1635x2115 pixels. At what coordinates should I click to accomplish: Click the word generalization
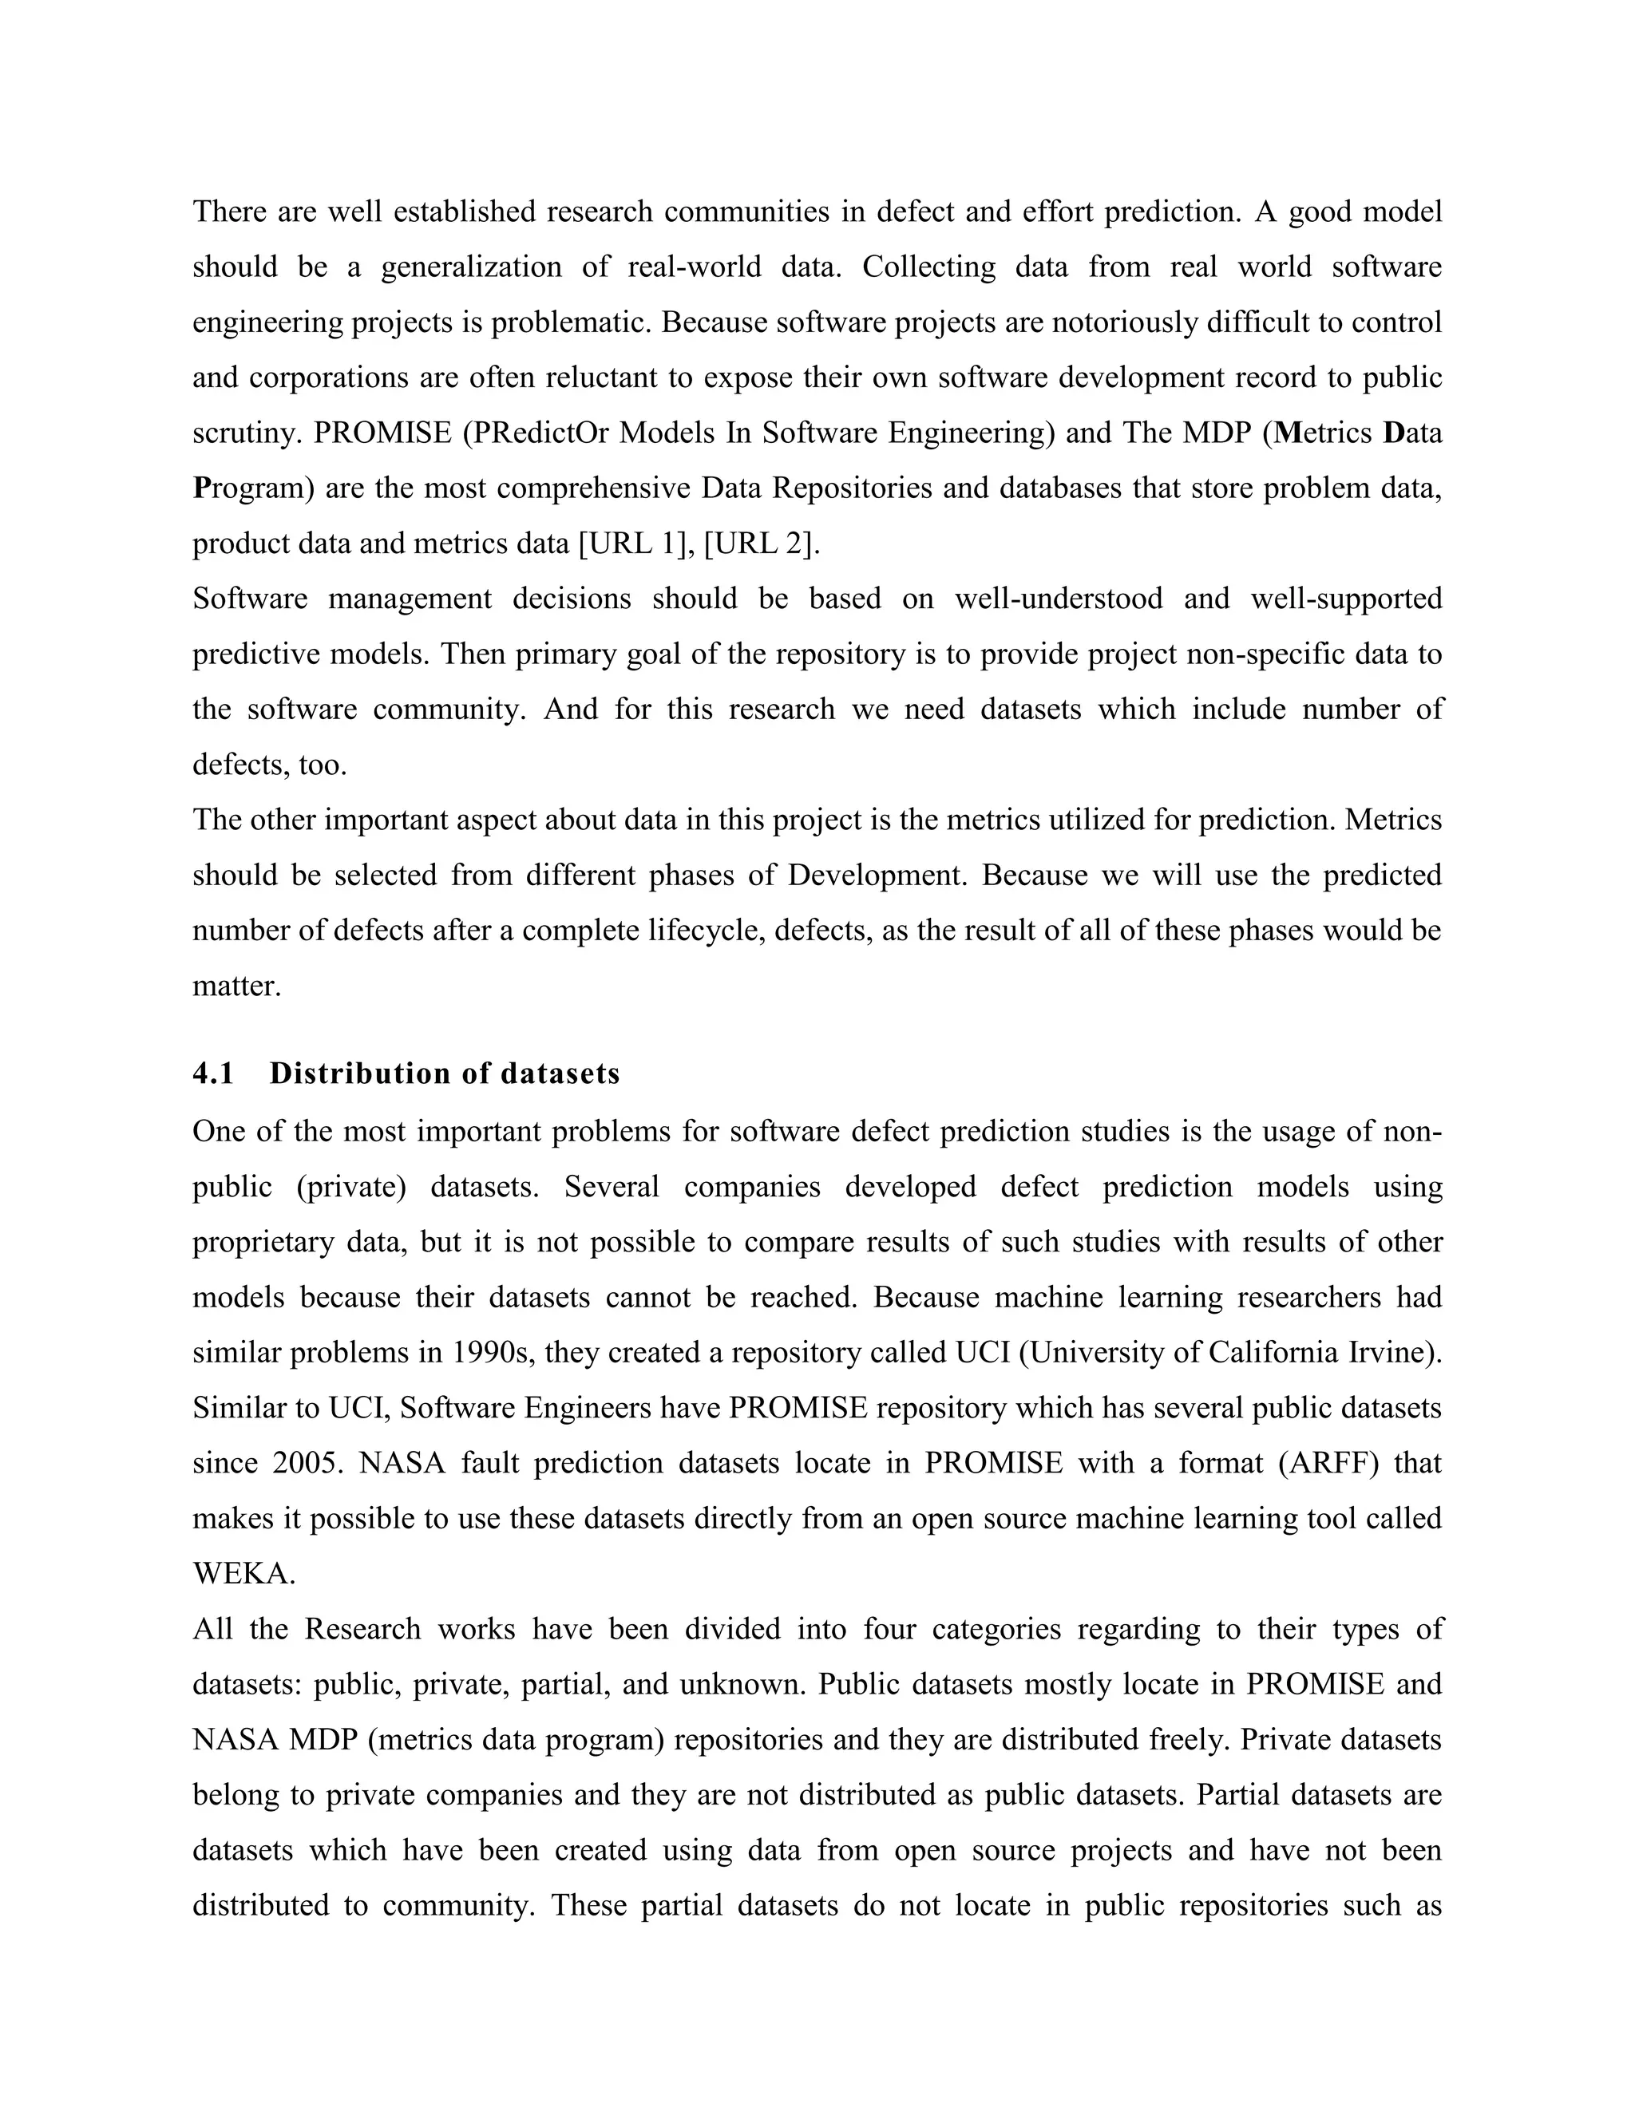(471, 267)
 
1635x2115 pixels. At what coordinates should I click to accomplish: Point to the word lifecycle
(704, 931)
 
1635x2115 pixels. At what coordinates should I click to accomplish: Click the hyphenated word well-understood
(1059, 599)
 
